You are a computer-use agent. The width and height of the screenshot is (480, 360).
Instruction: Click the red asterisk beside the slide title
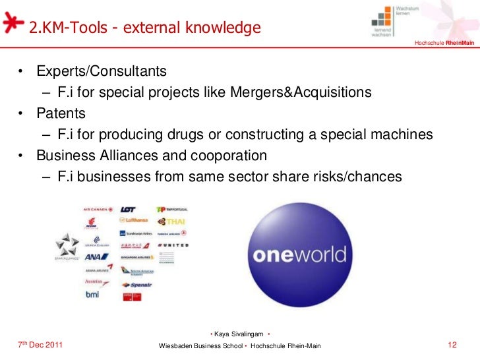click(12, 22)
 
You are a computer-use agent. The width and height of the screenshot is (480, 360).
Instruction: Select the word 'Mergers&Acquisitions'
click(301, 92)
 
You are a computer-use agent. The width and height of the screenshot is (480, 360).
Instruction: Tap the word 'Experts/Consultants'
click(102, 70)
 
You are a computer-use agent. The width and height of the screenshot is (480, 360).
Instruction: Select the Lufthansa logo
click(134, 221)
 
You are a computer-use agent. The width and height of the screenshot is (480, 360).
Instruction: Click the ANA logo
click(92, 257)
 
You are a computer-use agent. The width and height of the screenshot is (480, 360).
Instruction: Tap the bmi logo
click(92, 294)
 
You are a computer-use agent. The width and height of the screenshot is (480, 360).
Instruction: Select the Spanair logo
click(136, 284)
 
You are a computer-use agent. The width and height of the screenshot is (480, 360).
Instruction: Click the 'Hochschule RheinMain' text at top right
click(444, 44)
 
